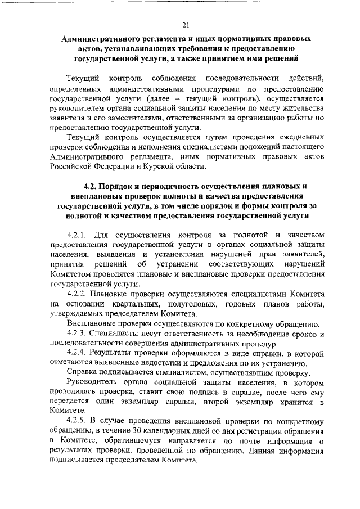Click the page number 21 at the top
coord(186,25)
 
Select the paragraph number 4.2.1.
coord(78,234)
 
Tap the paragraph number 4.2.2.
coord(78,294)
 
